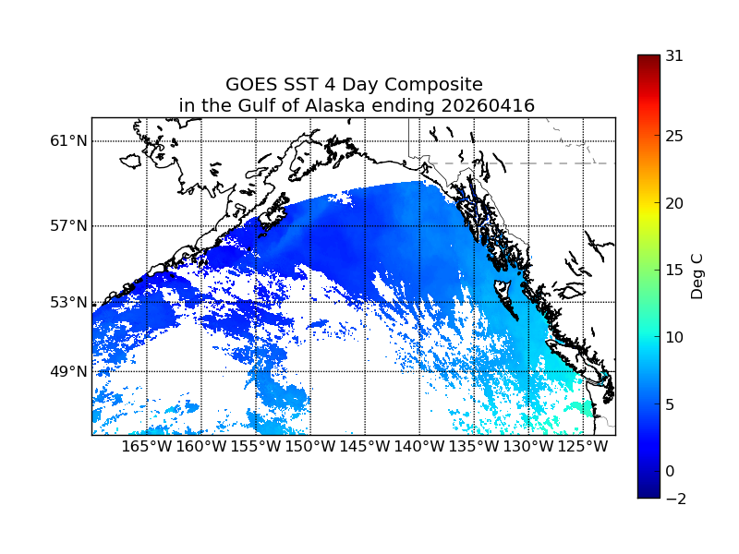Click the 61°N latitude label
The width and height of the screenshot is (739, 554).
point(68,141)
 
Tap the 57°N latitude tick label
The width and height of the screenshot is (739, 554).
point(68,226)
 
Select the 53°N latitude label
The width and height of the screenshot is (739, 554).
point(68,302)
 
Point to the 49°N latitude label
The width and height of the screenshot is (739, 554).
point(68,371)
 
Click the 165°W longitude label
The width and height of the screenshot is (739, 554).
point(147,447)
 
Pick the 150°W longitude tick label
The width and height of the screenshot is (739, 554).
point(310,447)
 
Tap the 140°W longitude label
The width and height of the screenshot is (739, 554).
point(419,447)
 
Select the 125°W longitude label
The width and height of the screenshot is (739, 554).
point(583,447)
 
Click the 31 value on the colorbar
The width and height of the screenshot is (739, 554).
point(674,55)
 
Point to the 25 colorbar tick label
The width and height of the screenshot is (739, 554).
point(674,137)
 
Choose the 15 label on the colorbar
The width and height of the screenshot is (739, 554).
point(674,271)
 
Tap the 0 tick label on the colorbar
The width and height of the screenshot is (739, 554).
point(670,471)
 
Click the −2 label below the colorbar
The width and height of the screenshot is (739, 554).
point(674,499)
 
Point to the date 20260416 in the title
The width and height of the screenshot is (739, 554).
point(487,106)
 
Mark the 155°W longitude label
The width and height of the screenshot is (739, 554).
point(256,447)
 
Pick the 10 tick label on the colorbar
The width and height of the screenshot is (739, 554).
point(674,337)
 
